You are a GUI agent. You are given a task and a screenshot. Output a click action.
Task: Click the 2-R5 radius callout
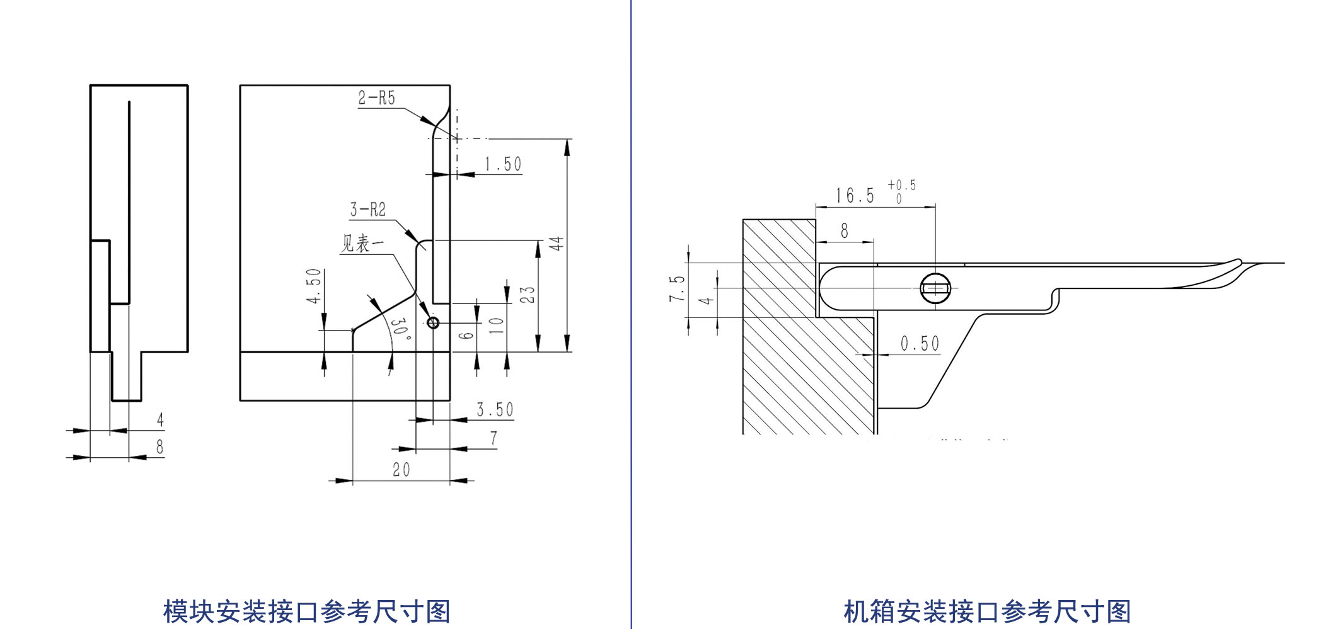(x=376, y=98)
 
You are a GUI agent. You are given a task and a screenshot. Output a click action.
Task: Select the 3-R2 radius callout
(x=368, y=210)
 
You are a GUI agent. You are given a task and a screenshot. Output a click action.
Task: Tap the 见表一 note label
(x=362, y=244)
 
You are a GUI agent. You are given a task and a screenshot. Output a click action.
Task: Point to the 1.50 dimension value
(x=502, y=165)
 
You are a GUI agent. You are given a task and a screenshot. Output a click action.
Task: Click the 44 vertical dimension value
(x=557, y=244)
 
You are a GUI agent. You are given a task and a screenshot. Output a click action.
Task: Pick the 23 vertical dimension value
(x=528, y=295)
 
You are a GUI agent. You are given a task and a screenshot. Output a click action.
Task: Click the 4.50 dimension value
(x=314, y=286)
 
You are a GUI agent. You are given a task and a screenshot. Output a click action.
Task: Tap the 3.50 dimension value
(x=495, y=410)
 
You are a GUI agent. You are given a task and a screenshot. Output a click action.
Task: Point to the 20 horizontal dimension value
(x=401, y=470)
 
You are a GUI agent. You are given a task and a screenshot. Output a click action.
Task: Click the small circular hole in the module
(x=433, y=323)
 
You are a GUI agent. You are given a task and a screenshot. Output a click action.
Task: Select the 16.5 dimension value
(x=855, y=196)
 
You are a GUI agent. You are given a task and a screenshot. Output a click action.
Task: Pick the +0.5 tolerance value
(x=901, y=185)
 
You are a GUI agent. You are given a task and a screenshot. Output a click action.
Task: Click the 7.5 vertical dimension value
(x=677, y=288)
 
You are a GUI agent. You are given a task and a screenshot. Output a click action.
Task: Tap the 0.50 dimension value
(x=920, y=344)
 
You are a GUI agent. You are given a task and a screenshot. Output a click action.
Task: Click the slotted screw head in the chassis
(x=935, y=288)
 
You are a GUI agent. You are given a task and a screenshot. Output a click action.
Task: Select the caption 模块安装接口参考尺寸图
(x=307, y=611)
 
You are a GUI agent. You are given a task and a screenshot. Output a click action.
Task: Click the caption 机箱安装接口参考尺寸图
(x=987, y=611)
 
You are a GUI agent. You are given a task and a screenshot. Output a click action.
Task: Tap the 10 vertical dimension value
(x=497, y=325)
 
